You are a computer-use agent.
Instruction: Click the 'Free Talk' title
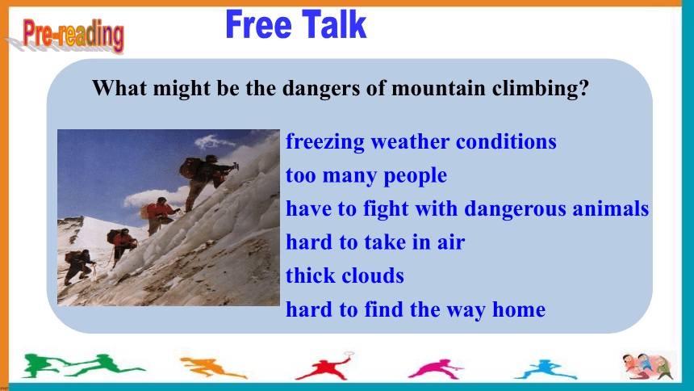[x=295, y=25]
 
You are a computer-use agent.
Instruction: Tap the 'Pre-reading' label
[x=73, y=35]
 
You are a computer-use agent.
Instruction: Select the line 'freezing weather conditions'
[x=421, y=142]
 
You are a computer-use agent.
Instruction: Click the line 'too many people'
[x=366, y=175]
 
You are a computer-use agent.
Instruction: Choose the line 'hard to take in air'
[x=375, y=242]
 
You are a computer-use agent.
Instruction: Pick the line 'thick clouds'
[x=345, y=275]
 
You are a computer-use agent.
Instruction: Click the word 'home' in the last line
[x=519, y=309]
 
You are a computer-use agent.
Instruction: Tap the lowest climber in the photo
[x=78, y=266]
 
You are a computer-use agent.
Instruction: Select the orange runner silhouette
[x=212, y=367]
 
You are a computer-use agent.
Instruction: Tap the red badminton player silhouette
[x=325, y=366]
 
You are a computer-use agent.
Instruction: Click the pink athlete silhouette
[x=435, y=369]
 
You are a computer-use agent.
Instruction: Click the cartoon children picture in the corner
[x=649, y=366]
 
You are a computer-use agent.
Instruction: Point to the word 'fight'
[x=386, y=208]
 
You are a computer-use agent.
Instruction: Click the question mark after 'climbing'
[x=584, y=88]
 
